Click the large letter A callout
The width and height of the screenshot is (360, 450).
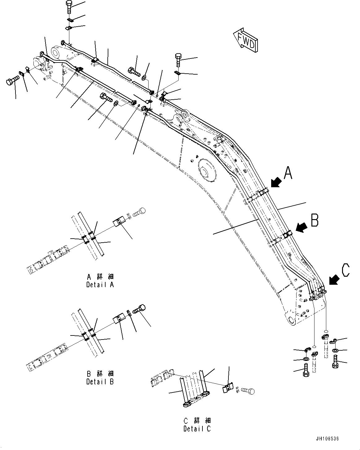coord(288,173)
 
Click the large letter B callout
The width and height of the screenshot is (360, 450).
coord(314,220)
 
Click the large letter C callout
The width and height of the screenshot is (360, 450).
coord(345,270)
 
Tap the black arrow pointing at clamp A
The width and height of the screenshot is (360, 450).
coord(276,183)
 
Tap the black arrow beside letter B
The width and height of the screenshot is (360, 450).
coord(302,228)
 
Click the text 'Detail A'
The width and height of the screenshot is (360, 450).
coord(100,284)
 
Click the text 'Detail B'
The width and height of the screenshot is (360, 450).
coord(100,381)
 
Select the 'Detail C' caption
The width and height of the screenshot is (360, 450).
coord(197,429)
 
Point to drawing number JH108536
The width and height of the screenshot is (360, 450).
coord(327,439)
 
